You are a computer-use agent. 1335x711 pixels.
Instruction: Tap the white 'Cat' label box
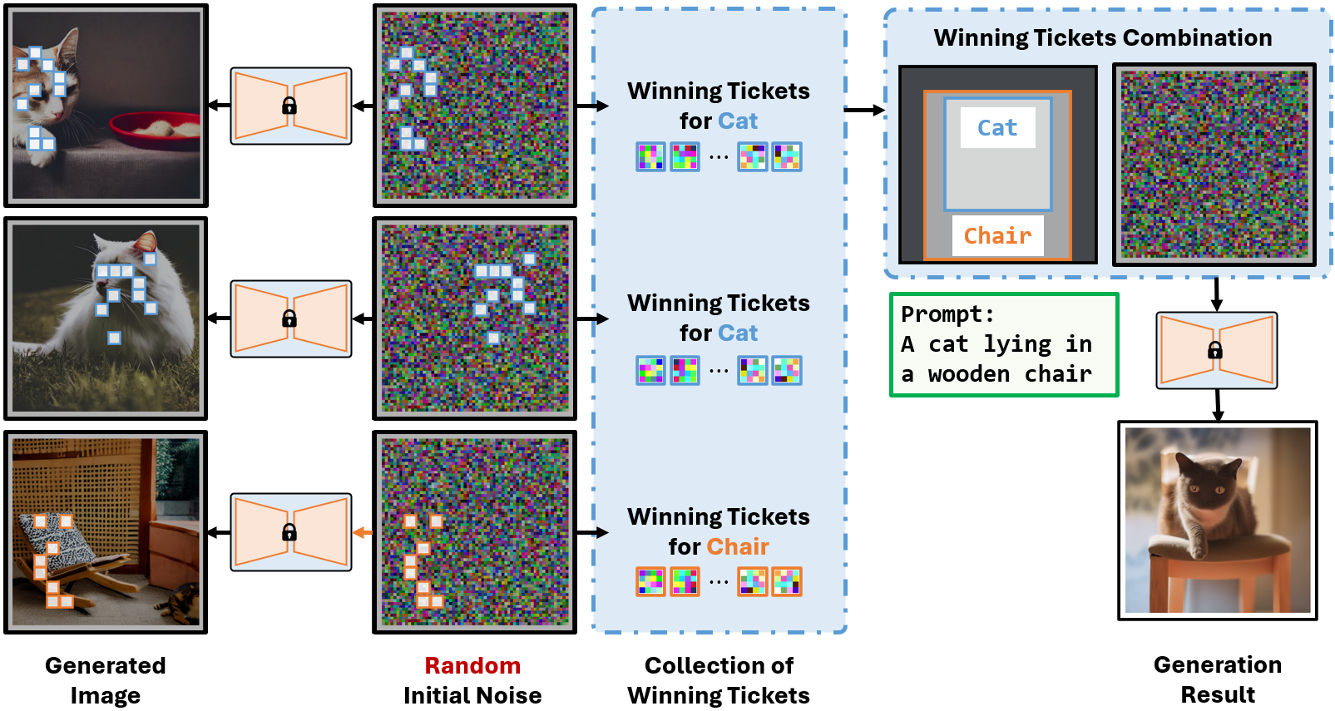(x=997, y=128)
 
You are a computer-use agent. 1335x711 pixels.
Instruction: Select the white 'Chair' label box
(x=997, y=236)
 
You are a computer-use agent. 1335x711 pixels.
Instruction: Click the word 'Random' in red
(x=472, y=665)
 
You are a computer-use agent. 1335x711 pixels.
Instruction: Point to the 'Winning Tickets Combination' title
(x=1102, y=38)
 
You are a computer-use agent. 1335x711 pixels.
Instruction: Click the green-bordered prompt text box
(x=1004, y=344)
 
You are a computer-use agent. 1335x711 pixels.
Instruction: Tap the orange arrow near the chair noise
(x=363, y=532)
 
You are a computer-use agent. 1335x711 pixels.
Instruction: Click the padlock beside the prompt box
(x=1215, y=351)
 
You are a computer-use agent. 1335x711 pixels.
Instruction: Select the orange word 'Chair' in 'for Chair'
(x=738, y=547)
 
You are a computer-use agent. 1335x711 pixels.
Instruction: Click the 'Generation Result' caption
(x=1218, y=679)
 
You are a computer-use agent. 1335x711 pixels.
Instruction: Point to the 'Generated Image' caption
(x=106, y=680)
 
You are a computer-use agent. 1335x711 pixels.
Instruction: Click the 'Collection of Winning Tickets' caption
(x=719, y=680)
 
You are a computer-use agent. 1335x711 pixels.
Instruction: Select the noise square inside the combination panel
(x=1214, y=165)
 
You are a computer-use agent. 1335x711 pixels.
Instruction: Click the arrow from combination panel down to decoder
(x=1216, y=294)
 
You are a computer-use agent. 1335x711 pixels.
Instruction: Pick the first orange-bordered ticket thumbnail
(x=650, y=581)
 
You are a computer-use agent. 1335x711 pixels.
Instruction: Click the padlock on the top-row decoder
(x=289, y=106)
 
